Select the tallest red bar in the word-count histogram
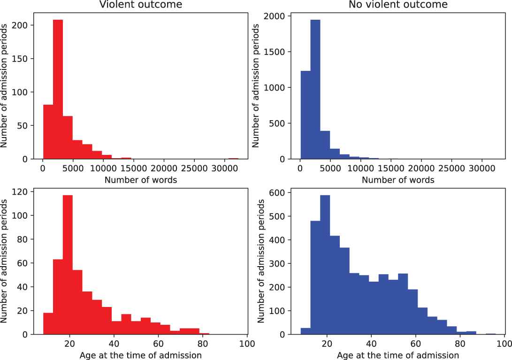pyautogui.click(x=58, y=89)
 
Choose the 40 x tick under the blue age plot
pyautogui.click(x=371, y=343)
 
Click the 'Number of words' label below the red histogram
pyautogui.click(x=141, y=180)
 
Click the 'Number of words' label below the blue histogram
pyautogui.click(x=397, y=180)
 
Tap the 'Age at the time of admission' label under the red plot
pyautogui.click(x=141, y=355)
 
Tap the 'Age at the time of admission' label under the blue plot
pyautogui.click(x=397, y=355)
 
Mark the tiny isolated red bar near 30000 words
pyautogui.click(x=233, y=159)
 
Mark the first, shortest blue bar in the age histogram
pyautogui.click(x=306, y=331)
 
